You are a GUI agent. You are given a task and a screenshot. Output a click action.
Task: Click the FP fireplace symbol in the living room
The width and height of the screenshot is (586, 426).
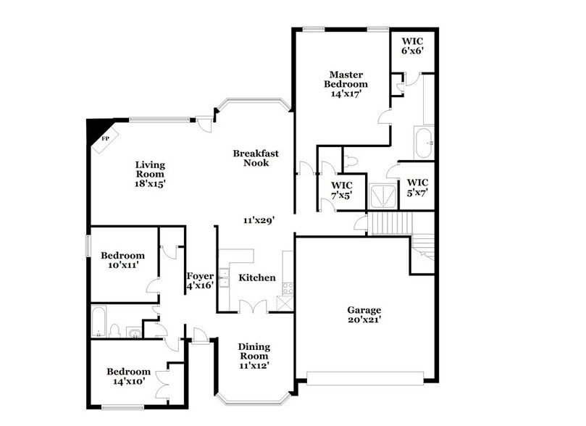(103, 138)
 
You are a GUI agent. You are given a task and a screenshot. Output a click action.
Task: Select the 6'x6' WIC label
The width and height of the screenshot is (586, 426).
(412, 45)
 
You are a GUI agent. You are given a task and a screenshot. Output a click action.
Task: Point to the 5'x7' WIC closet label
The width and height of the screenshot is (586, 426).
(417, 187)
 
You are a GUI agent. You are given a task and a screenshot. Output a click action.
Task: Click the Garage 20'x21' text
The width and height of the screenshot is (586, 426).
(364, 315)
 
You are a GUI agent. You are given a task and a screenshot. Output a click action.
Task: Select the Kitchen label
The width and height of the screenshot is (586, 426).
(257, 277)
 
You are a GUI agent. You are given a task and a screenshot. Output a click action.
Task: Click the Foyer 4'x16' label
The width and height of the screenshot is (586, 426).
(200, 280)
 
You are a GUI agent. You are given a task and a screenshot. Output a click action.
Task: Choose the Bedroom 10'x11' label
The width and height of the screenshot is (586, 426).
(122, 260)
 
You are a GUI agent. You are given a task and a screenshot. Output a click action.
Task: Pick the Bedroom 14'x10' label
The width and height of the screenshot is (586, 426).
(129, 376)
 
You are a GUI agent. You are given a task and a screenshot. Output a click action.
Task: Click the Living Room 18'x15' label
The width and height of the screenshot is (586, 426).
(150, 174)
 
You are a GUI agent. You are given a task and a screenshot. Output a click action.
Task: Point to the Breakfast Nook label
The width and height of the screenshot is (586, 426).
(256, 158)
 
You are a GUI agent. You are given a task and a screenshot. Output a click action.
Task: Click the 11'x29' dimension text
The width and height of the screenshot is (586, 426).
(258, 219)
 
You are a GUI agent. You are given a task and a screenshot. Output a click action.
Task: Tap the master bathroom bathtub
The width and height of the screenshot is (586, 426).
(423, 143)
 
